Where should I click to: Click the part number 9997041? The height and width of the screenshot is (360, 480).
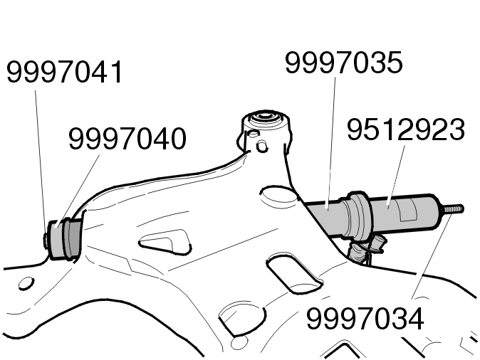(64, 72)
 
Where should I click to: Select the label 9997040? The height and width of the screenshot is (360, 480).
(127, 139)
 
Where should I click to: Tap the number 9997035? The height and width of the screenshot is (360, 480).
(343, 63)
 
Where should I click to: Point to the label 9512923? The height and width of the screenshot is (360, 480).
(406, 129)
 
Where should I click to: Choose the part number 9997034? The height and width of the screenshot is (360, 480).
(365, 319)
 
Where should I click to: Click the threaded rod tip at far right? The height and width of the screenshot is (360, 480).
(452, 210)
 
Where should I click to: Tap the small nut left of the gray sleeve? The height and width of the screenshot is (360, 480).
(46, 240)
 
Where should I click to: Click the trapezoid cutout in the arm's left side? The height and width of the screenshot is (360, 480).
(165, 242)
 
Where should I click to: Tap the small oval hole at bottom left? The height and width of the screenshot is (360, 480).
(26, 284)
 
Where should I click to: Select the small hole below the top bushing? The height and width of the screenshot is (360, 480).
(262, 147)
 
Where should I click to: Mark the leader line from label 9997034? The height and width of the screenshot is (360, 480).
(432, 256)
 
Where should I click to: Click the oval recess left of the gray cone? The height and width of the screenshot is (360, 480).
(279, 194)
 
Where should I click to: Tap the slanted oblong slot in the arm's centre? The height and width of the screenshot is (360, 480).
(294, 273)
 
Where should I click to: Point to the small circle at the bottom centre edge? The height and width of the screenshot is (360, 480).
(239, 344)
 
